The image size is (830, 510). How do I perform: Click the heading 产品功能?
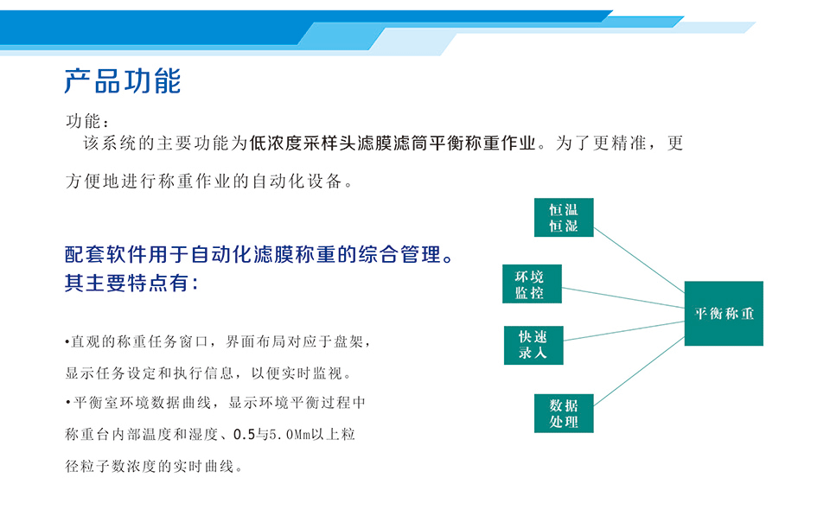(x=122, y=81)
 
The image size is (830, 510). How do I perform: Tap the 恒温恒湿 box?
(x=564, y=218)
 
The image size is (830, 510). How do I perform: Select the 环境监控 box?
(x=532, y=284)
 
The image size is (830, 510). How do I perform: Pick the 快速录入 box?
(x=533, y=345)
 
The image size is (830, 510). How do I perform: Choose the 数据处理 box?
(x=564, y=413)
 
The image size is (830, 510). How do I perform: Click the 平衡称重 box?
(x=724, y=313)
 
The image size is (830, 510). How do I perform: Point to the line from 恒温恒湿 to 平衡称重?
(x=639, y=260)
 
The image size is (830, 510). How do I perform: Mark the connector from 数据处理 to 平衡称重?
(x=639, y=372)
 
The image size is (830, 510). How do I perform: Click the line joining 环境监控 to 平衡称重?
(x=623, y=298)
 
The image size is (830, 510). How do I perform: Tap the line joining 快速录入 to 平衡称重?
(x=624, y=331)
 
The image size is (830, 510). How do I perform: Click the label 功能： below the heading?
(x=87, y=121)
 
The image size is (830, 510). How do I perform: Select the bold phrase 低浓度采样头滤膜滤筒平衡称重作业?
(x=393, y=143)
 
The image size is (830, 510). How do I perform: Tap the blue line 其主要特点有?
(x=131, y=283)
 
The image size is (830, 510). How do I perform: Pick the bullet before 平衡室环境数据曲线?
(x=67, y=403)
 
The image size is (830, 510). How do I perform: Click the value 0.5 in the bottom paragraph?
(x=244, y=435)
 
